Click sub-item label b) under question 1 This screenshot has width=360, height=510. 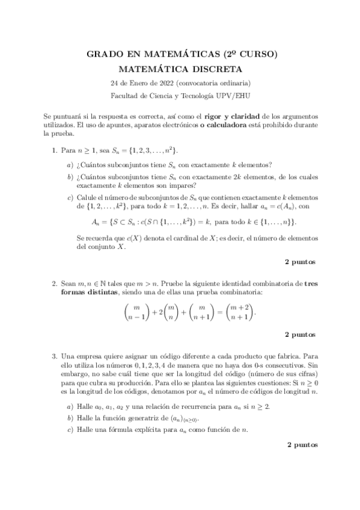tap(70, 177)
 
